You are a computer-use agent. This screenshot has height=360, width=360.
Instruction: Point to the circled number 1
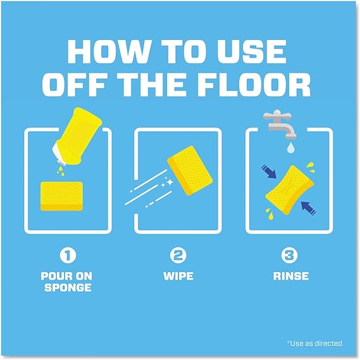click(68, 256)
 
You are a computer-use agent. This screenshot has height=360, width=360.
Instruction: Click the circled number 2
click(178, 256)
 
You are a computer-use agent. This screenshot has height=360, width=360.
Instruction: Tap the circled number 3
click(289, 256)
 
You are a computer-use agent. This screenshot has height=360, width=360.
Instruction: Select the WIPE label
click(178, 276)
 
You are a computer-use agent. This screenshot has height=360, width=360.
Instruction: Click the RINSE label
click(291, 276)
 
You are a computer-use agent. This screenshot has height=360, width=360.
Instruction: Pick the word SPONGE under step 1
click(68, 287)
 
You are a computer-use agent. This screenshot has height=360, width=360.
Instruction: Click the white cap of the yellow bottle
click(59, 154)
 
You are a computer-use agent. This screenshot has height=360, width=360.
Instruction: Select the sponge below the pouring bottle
click(61, 196)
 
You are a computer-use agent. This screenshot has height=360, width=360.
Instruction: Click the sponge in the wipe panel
click(190, 171)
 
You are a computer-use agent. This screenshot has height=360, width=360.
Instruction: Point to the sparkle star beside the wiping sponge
click(170, 182)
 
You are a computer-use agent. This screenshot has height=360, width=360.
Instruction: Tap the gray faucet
click(280, 124)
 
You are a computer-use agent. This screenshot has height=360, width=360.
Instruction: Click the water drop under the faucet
click(290, 148)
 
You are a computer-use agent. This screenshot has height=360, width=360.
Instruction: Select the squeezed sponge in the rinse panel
click(289, 190)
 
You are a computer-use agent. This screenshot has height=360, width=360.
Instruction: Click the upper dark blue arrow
click(269, 171)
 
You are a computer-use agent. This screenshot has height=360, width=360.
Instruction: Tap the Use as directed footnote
click(314, 344)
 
